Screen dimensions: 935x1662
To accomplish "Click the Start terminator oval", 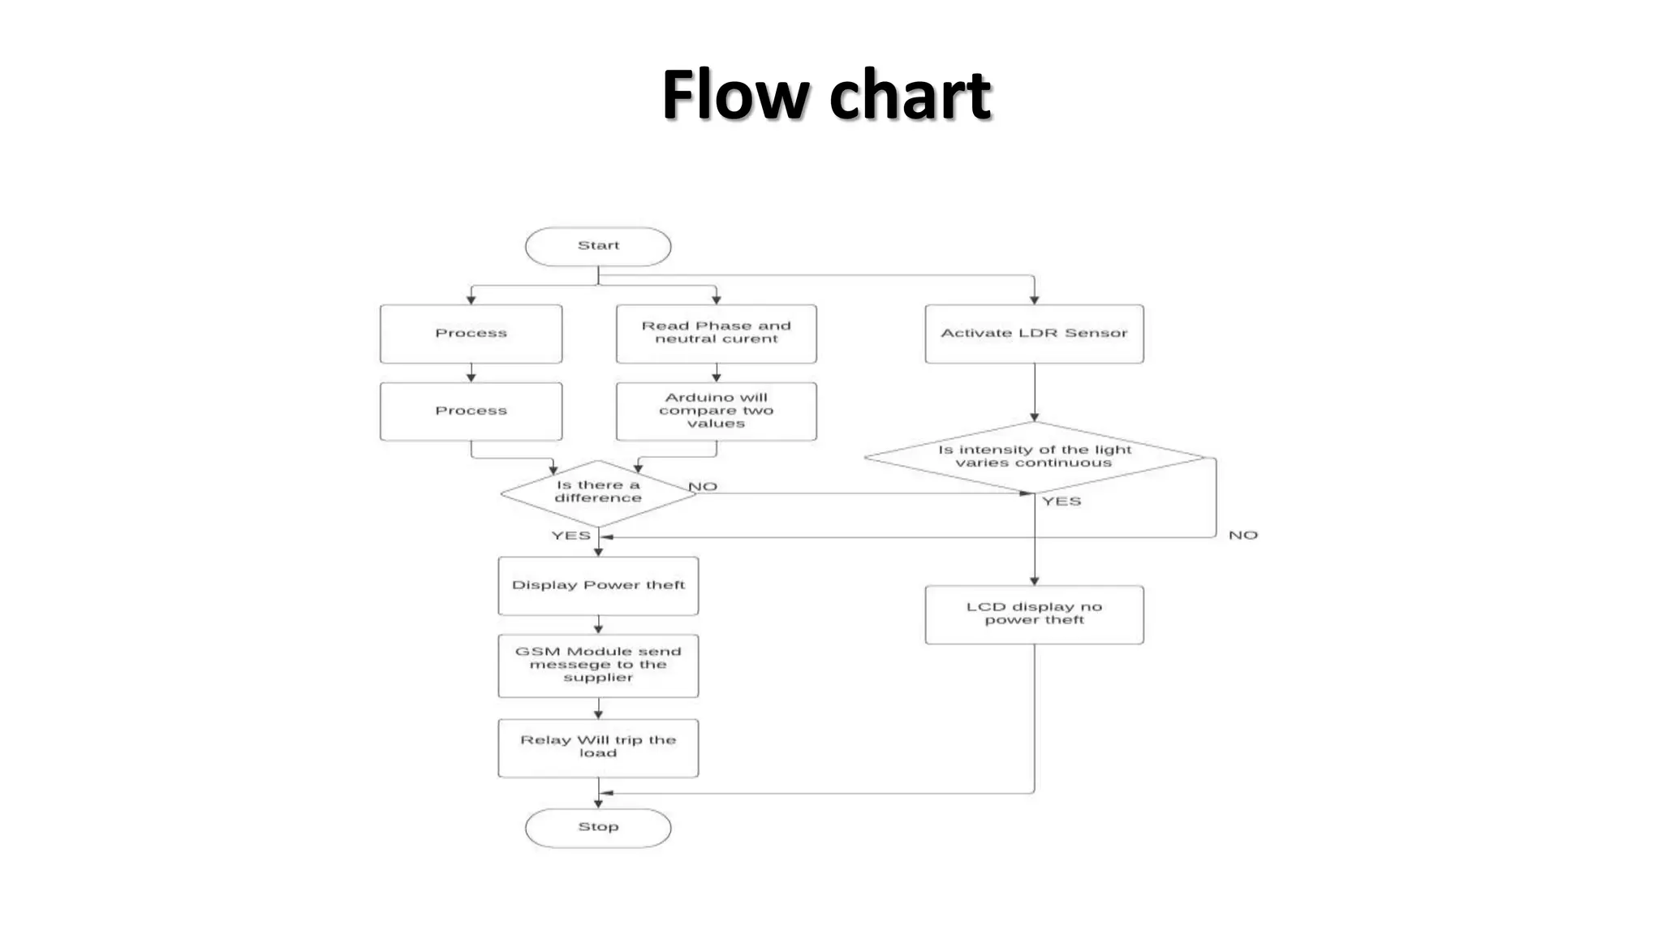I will pos(598,247).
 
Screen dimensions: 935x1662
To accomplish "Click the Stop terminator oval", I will pos(598,828).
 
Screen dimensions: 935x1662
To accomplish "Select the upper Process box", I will pos(471,334).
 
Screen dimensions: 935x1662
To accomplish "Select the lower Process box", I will pos(471,411).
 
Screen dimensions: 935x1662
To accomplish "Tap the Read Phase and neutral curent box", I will pos(716,334).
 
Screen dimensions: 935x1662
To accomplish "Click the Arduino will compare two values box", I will pos(716,411).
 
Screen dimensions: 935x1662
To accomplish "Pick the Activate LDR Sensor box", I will pos(1034,334).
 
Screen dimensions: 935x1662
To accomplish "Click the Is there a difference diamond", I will pos(598,493).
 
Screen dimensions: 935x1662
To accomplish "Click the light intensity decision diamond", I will pos(1034,457).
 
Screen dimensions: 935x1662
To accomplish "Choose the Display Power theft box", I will pos(598,585).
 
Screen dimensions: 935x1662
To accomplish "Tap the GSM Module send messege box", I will pos(598,666).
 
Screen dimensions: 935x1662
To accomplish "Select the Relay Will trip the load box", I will pos(598,748).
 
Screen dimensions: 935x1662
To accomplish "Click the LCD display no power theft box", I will pos(1034,614).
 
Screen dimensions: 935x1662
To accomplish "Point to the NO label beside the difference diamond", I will pos(703,487).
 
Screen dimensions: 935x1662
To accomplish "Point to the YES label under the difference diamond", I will pos(571,536).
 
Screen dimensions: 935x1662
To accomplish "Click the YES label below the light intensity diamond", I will pos(1061,502).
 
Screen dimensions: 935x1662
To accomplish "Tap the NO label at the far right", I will pos(1242,536).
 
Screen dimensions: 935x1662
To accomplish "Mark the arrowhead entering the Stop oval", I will pos(598,804).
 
